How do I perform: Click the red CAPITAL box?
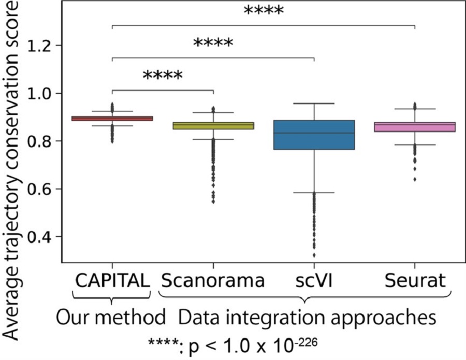pos(112,118)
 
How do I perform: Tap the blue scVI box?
pos(314,135)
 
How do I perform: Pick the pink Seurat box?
pos(415,127)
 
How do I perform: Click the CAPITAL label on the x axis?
pos(112,281)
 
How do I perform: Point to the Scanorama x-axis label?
pos(213,281)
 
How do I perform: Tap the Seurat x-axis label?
pos(415,281)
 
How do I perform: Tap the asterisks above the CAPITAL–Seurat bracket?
pos(264,10)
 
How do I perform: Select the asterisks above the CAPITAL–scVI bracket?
pos(213,43)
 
